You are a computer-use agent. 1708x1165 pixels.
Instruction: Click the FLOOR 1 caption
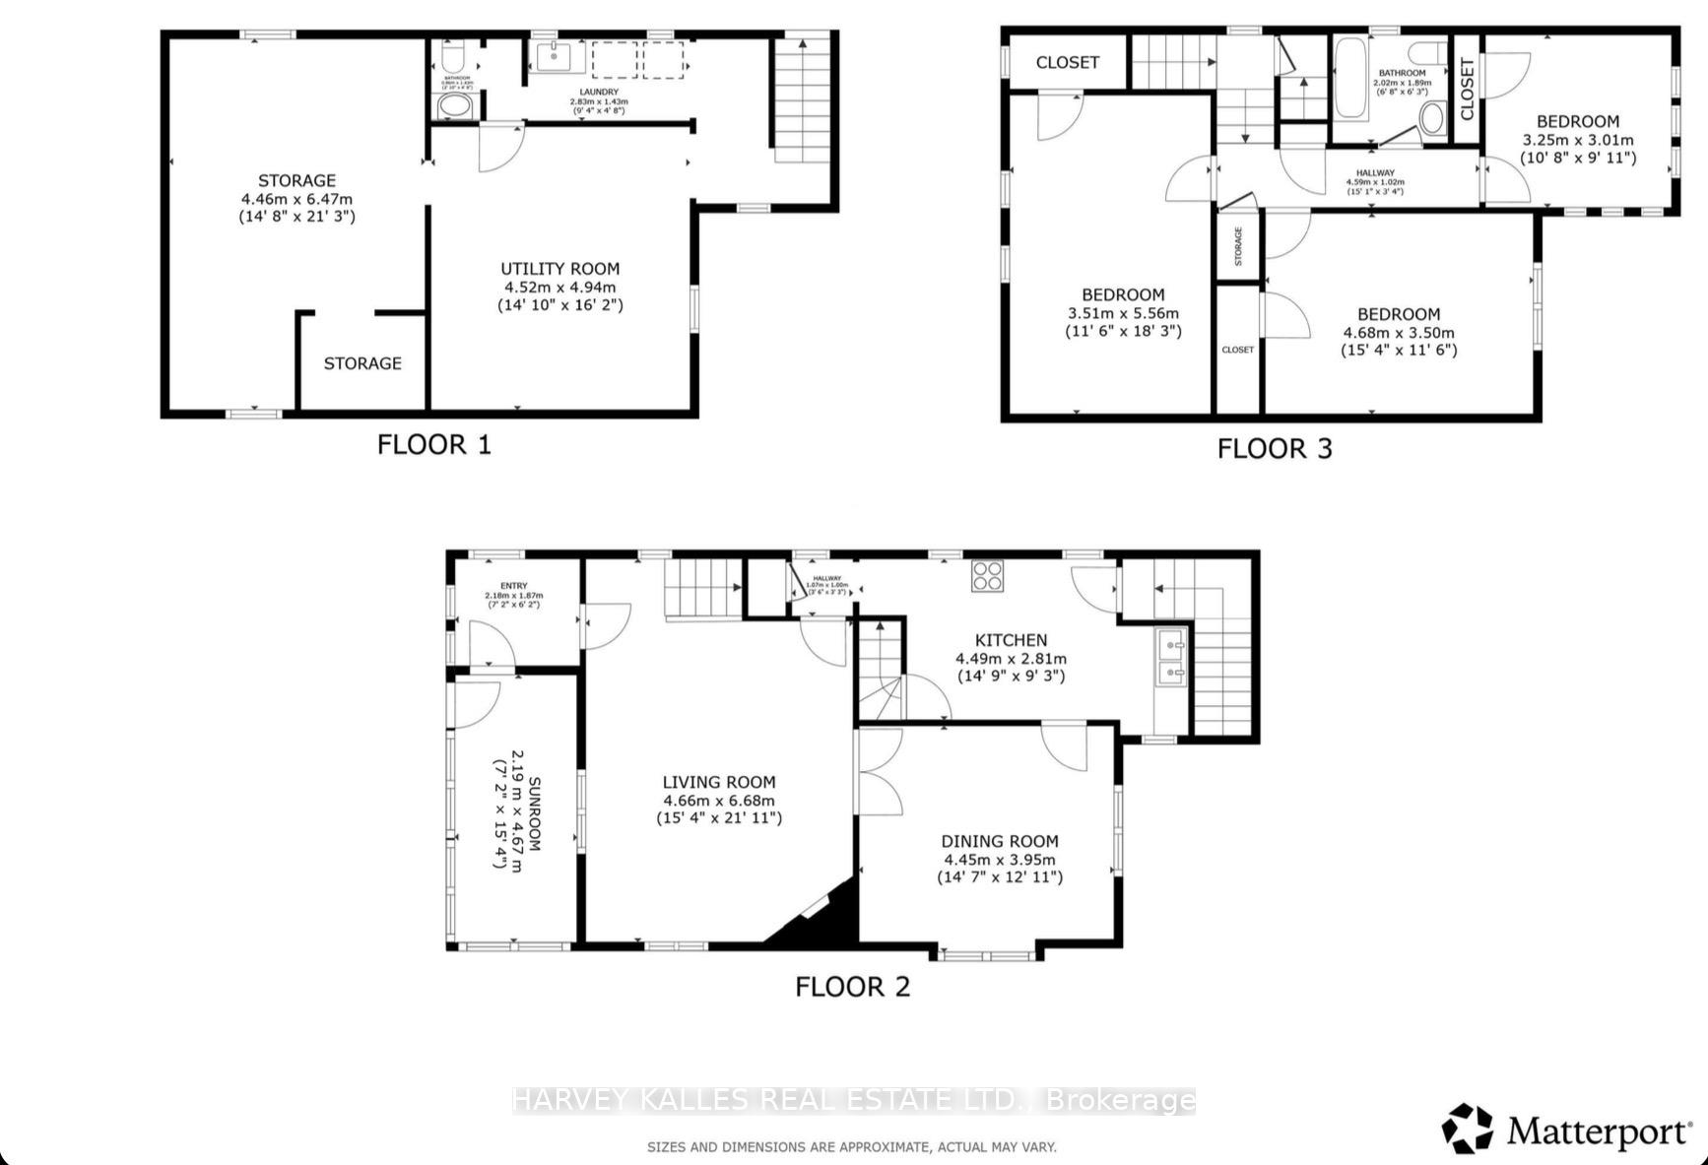433,444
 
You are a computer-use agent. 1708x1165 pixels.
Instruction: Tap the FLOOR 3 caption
1274,449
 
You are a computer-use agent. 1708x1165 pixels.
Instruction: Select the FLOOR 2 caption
852,987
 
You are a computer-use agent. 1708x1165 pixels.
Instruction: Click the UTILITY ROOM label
559,269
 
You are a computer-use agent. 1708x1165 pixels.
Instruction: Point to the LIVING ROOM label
719,782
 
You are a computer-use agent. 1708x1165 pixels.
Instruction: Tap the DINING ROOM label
1000,841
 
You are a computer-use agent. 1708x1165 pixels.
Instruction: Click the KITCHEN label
1011,640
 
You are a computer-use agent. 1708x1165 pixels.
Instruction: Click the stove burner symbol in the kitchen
987,575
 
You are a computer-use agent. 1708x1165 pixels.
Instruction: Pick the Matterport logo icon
1468,1129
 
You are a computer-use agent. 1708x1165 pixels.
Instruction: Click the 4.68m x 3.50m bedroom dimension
1398,333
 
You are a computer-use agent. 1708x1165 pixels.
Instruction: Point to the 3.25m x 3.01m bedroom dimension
1577,140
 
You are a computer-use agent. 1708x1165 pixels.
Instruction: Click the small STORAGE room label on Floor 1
362,363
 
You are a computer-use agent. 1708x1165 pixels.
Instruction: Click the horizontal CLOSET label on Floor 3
1067,62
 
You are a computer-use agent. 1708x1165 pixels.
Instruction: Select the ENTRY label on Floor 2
513,586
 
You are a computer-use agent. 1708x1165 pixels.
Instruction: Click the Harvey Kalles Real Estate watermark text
853,1100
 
